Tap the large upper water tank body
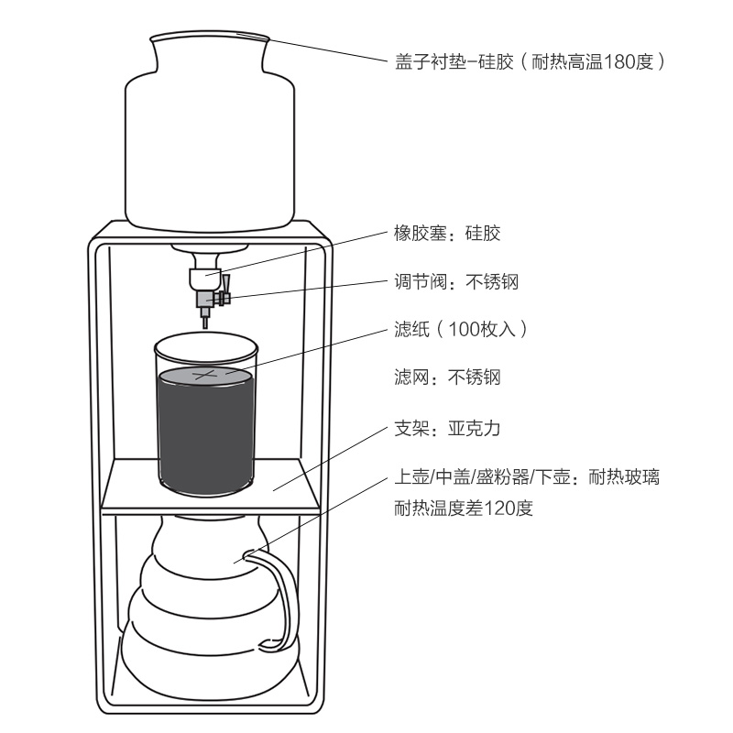(x=210, y=151)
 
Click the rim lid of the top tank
(x=209, y=38)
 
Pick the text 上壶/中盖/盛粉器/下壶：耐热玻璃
(x=525, y=478)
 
